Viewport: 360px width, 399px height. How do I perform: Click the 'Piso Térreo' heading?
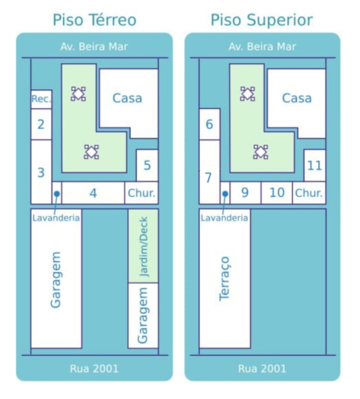point(94,20)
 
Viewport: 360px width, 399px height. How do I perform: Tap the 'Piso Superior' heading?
point(262,20)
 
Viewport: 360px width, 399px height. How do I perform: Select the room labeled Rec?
point(41,99)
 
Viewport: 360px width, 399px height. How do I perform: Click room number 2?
point(41,124)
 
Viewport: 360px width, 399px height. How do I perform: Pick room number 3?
point(41,172)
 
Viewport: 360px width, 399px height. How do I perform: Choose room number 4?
point(93,193)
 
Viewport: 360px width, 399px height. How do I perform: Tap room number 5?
point(147,166)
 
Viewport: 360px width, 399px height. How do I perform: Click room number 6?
point(209,124)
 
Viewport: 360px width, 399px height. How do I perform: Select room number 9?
point(245,193)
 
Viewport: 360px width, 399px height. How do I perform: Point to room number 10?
point(277,193)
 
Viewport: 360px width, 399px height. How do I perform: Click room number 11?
point(315,166)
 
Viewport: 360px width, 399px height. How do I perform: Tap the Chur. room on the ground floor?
point(141,193)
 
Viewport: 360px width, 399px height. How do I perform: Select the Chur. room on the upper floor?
point(309,193)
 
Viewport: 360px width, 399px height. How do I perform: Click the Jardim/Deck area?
point(143,246)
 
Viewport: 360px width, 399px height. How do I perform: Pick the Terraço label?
point(225,279)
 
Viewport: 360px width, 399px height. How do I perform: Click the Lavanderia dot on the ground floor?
point(57,194)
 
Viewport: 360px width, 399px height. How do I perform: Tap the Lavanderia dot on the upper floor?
point(225,194)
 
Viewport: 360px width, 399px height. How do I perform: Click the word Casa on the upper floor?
point(297,98)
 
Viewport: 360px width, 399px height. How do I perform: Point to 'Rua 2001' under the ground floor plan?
point(94,368)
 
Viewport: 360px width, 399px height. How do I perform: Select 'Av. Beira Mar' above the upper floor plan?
point(262,47)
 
